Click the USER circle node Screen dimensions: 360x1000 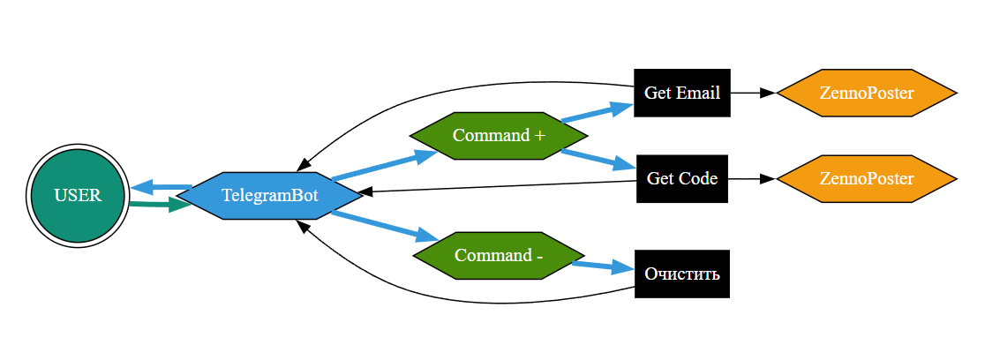point(78,195)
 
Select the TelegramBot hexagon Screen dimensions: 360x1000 point(269,195)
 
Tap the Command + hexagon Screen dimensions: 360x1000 point(499,136)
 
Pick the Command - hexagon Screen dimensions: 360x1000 point(499,256)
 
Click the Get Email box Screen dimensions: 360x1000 point(682,93)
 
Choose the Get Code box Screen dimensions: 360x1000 point(682,178)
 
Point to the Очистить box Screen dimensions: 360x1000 point(682,274)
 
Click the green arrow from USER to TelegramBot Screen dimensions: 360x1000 point(159,205)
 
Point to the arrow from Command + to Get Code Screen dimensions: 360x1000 point(598,159)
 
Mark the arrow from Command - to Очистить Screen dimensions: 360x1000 point(603,265)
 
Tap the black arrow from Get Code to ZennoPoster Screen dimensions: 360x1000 point(751,178)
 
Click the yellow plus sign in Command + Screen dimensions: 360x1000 point(539,136)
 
